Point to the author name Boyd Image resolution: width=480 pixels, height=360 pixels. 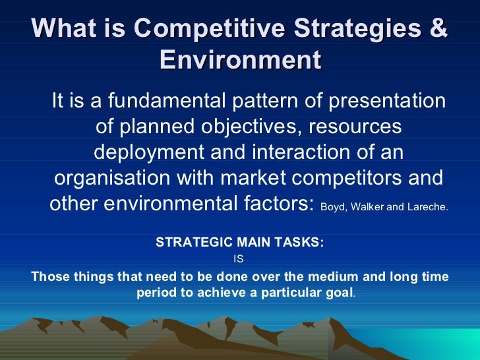[x=332, y=206]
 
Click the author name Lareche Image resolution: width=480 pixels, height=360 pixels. [x=429, y=206]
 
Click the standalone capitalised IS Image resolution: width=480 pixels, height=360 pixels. [x=239, y=259]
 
